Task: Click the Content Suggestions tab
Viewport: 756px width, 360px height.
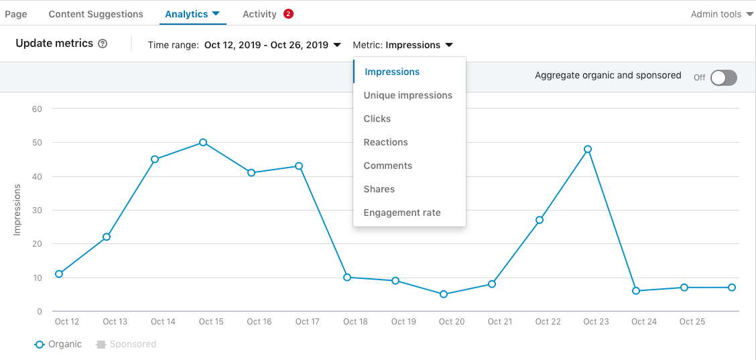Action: click(x=96, y=14)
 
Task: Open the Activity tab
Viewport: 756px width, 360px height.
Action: click(x=259, y=14)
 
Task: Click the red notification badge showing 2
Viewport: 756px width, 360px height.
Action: click(x=288, y=13)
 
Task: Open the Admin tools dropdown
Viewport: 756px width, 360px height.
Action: click(x=721, y=14)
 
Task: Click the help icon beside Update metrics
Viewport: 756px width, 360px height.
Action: click(x=103, y=44)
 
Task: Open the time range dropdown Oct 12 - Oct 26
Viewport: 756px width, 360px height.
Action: click(x=272, y=45)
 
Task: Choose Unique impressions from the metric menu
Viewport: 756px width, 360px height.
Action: click(x=407, y=95)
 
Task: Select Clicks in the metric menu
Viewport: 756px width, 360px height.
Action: click(x=377, y=119)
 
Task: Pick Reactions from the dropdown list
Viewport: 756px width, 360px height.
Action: click(x=385, y=142)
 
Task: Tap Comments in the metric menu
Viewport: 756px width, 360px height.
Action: click(x=387, y=166)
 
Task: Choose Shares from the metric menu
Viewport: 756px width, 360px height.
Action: click(x=379, y=189)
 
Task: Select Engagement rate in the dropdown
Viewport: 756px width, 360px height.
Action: click(x=402, y=213)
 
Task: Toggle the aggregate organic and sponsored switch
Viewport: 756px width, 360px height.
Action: click(x=723, y=78)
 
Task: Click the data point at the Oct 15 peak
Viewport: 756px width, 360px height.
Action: click(x=203, y=143)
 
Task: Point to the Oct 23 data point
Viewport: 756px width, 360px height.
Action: click(x=588, y=149)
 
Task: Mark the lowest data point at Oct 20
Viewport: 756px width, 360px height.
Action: click(x=444, y=294)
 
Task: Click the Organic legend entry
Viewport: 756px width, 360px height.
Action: click(x=58, y=344)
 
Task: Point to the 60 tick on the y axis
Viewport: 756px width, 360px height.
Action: click(x=37, y=109)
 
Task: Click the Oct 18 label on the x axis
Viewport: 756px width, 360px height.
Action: click(x=355, y=322)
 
